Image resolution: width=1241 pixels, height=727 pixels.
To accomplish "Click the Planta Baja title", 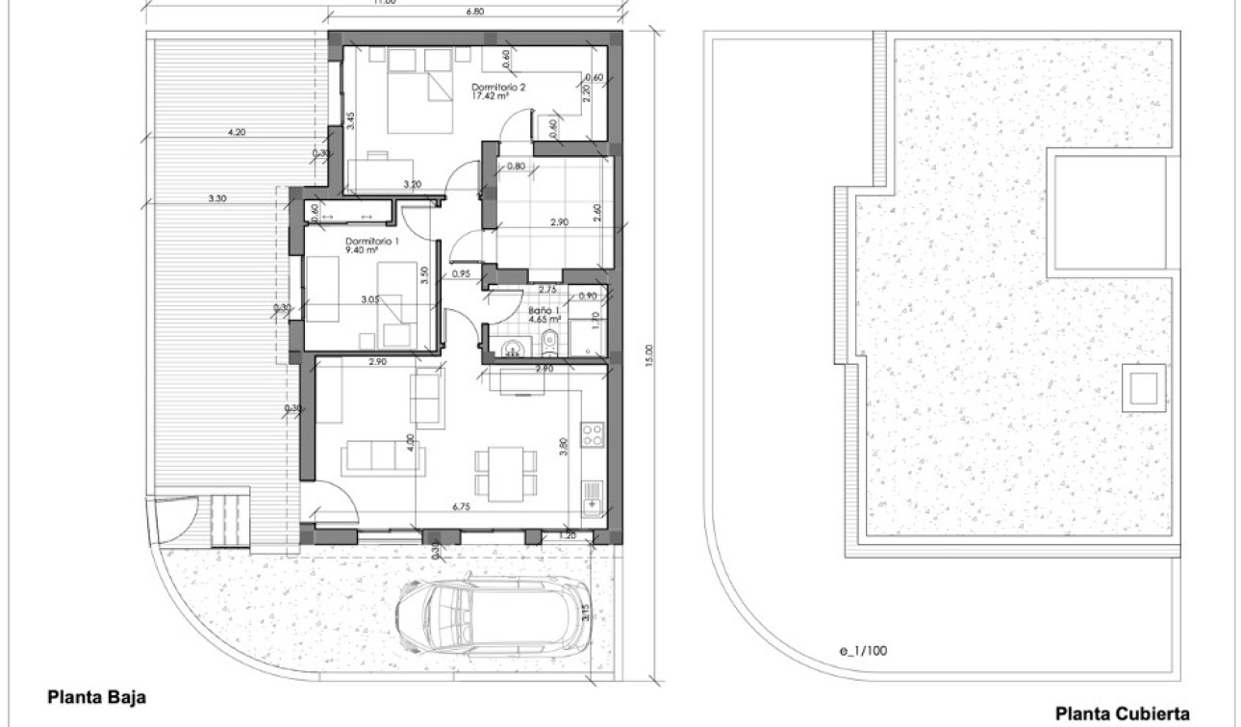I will click(97, 696).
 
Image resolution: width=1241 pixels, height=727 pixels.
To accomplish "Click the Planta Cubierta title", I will click(1123, 714).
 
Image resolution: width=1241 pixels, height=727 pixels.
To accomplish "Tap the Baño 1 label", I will click(544, 310).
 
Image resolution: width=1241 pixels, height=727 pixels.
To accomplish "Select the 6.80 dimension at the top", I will click(473, 13).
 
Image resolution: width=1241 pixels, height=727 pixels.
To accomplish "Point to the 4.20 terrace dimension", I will click(237, 132).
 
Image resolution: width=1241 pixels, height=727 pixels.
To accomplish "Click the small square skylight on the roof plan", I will click(1144, 387).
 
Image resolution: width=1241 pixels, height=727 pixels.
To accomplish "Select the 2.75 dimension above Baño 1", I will click(547, 290).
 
